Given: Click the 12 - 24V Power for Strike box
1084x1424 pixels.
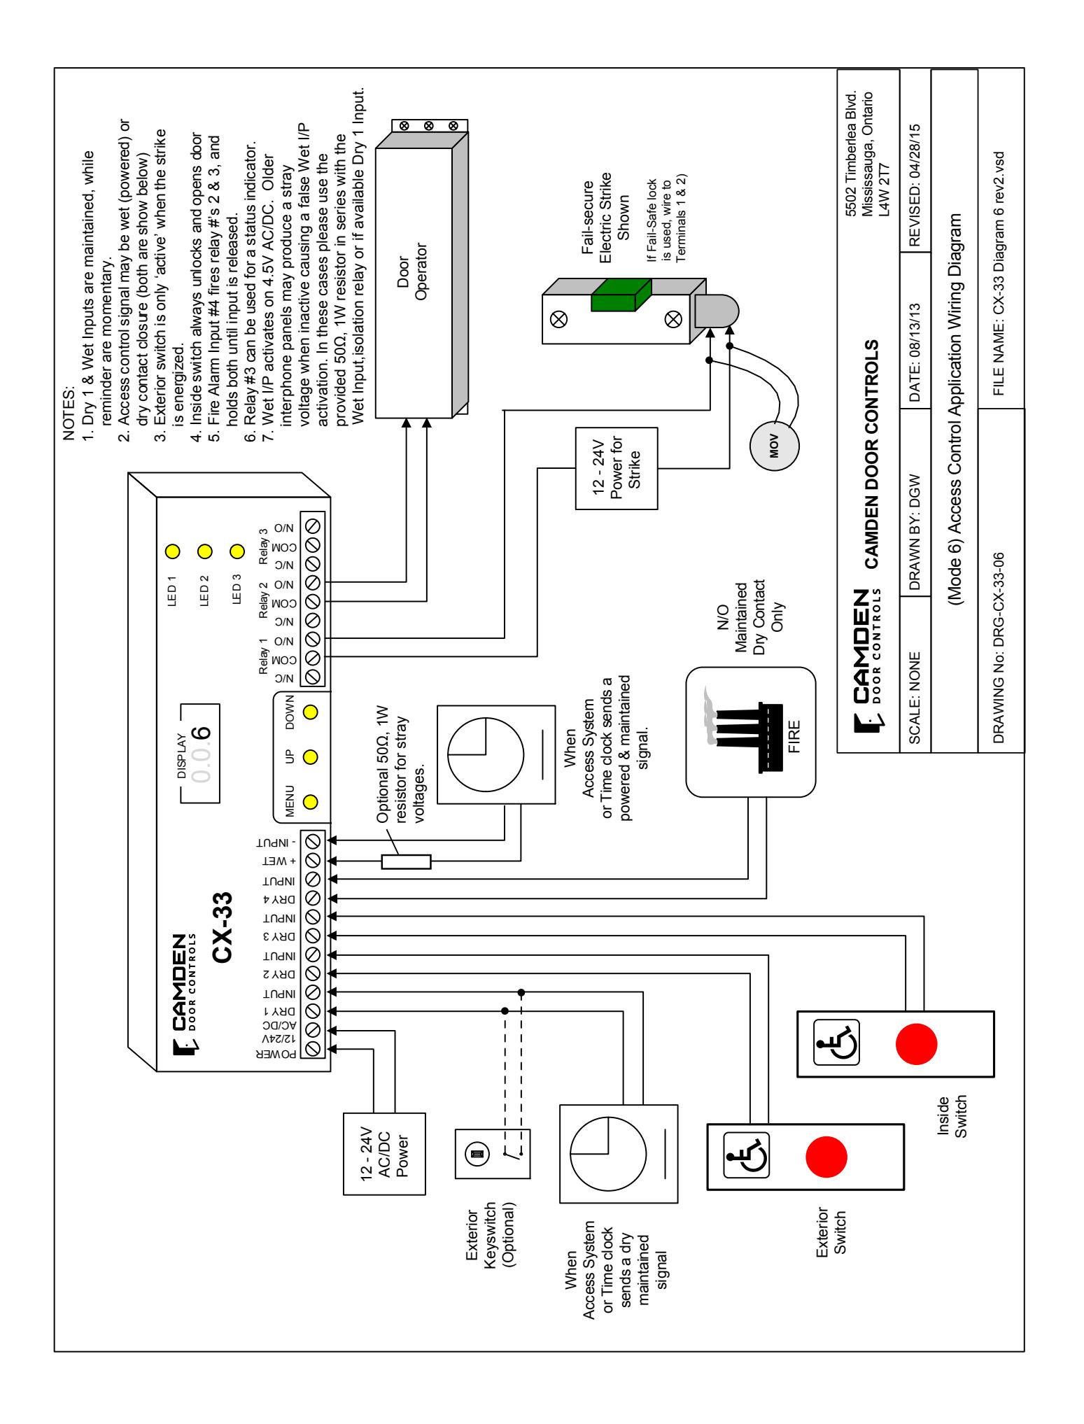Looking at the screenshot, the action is (x=617, y=468).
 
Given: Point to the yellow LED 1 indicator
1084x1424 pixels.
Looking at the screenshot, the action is (x=171, y=551).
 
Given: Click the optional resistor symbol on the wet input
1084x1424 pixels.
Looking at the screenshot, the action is (x=406, y=861).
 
